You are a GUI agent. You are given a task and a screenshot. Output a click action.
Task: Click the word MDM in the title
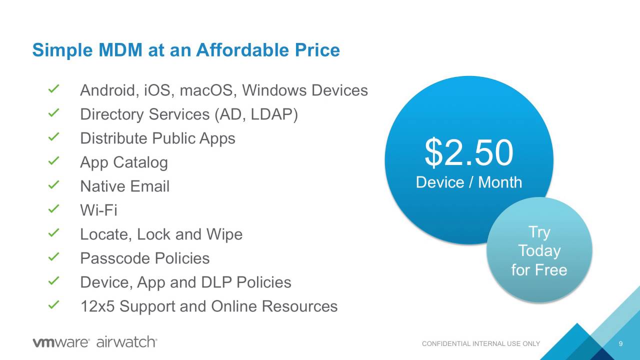click(x=120, y=50)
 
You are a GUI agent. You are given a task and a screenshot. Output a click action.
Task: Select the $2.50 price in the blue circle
click(x=469, y=152)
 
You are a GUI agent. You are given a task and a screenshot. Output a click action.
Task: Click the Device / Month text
click(x=469, y=182)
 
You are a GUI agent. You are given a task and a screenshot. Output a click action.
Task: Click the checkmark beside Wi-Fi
click(x=53, y=209)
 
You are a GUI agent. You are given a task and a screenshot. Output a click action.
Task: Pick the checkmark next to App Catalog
click(x=53, y=161)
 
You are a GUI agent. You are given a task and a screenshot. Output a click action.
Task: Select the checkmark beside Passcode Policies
click(x=53, y=257)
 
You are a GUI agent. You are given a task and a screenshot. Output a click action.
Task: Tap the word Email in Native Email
click(x=150, y=186)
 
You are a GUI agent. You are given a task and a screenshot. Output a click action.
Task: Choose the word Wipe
click(x=224, y=235)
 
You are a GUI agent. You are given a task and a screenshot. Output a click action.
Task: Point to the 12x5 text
click(x=97, y=306)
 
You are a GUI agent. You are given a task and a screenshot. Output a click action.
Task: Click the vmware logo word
click(x=61, y=342)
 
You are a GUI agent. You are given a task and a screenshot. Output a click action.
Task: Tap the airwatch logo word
click(x=127, y=341)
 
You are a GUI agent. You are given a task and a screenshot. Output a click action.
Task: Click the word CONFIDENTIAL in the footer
click(x=446, y=343)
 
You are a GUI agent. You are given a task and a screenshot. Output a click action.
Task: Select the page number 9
click(x=620, y=343)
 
